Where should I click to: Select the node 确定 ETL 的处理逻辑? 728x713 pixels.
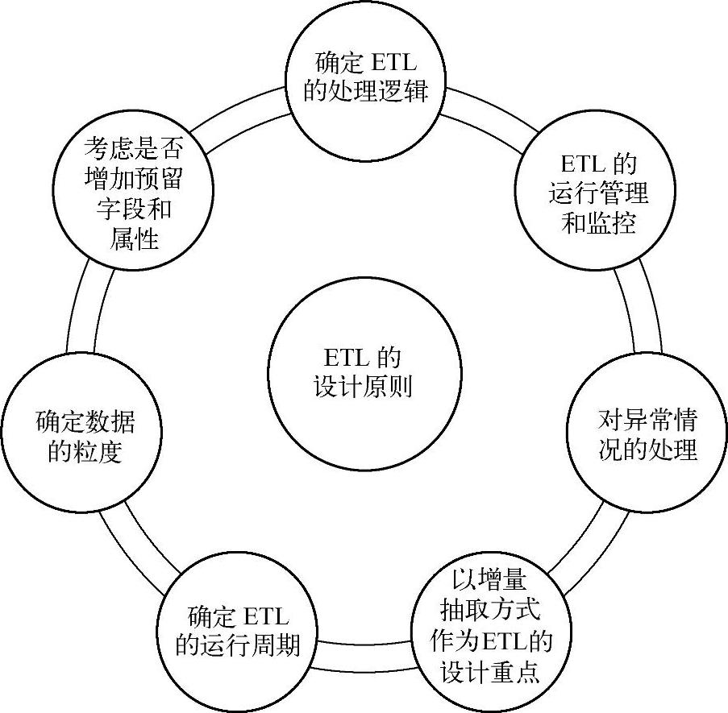(x=364, y=77)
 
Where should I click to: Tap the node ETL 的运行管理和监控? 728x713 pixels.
(x=598, y=193)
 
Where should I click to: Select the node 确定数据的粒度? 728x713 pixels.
(x=84, y=435)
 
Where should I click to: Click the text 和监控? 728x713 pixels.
(x=598, y=222)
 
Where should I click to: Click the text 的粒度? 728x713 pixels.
(x=85, y=451)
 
